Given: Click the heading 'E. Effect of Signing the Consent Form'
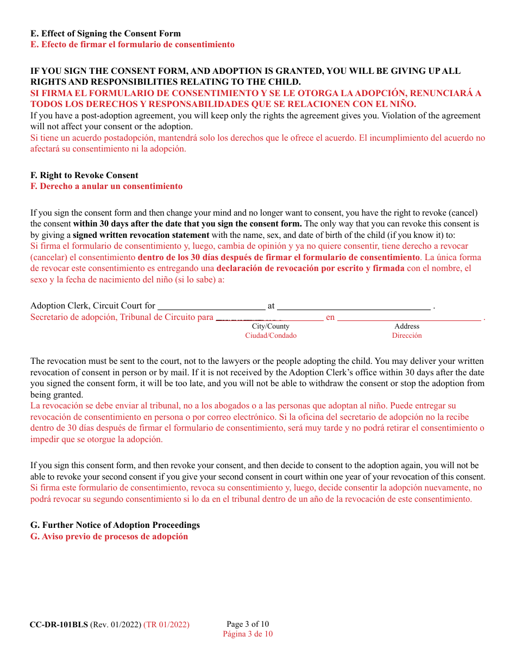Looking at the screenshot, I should coord(105,34).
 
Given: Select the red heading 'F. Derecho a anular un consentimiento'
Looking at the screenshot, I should coord(106,186).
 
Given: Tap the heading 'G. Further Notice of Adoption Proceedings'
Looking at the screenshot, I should coord(115,525).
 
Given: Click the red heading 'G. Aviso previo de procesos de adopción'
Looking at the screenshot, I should coord(109,537).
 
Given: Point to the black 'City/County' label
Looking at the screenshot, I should coord(270,326).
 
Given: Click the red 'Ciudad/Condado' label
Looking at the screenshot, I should coord(270,336).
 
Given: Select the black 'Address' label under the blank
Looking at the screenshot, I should coord(407,326).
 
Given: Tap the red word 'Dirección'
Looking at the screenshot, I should coord(407,336).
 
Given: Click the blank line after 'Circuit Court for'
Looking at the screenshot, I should coord(211,307).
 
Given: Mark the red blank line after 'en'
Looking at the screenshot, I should coord(410,318).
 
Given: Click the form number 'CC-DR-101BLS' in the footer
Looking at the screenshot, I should coord(59,625).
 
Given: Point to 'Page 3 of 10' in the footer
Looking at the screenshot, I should coord(248,625).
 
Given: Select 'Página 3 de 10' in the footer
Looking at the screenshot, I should coord(248,634).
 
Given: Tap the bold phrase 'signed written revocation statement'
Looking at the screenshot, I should coord(141,235).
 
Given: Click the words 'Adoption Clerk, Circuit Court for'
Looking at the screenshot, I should coord(93,306).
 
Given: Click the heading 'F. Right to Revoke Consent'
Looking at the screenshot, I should coord(84,175).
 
